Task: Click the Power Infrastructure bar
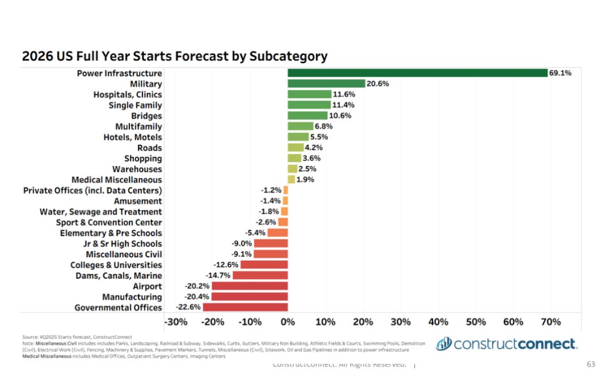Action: click(418, 73)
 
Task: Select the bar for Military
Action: click(326, 83)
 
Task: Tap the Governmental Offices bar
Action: click(245, 307)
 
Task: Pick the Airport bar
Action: click(249, 286)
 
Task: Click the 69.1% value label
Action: click(561, 73)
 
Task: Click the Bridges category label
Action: click(146, 116)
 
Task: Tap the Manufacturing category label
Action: click(132, 297)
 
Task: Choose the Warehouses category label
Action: click(137, 169)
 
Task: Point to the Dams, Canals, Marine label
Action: click(118, 275)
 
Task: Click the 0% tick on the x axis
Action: click(288, 322)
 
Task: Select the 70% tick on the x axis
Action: click(550, 322)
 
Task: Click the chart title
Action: click(175, 56)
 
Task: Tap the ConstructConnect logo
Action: click(506, 344)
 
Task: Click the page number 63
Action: click(591, 364)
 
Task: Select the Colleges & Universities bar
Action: click(264, 264)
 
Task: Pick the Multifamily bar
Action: click(300, 127)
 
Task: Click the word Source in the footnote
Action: click(29, 337)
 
